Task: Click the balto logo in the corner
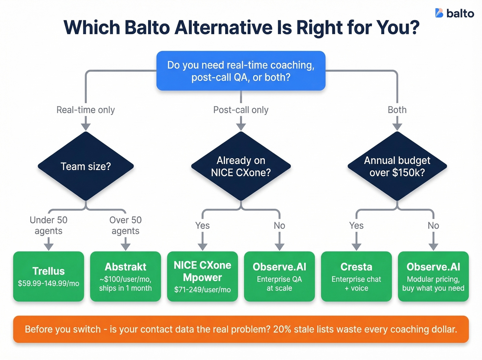pyautogui.click(x=454, y=13)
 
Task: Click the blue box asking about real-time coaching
pyautogui.click(x=241, y=71)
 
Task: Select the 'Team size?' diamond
pyautogui.click(x=86, y=166)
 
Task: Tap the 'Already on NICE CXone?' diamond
pyautogui.click(x=241, y=166)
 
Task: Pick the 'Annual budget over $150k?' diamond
pyautogui.click(x=397, y=166)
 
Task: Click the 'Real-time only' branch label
pyautogui.click(x=86, y=110)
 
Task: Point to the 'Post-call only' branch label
pyautogui.click(x=241, y=110)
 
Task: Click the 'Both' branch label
pyautogui.click(x=397, y=110)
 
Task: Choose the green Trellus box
pyautogui.click(x=49, y=277)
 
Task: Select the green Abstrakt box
pyautogui.click(x=125, y=277)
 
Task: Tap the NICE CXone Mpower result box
pyautogui.click(x=202, y=277)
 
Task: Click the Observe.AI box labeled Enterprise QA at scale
pyautogui.click(x=279, y=277)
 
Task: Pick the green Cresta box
pyautogui.click(x=356, y=277)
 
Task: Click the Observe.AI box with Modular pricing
pyautogui.click(x=433, y=277)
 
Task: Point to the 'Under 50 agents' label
pyautogui.click(x=49, y=225)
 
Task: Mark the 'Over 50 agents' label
pyautogui.click(x=125, y=225)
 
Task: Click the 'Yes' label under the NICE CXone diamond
pyautogui.click(x=202, y=226)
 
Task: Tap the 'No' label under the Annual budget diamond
pyautogui.click(x=433, y=226)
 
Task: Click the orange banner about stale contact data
pyautogui.click(x=241, y=329)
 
